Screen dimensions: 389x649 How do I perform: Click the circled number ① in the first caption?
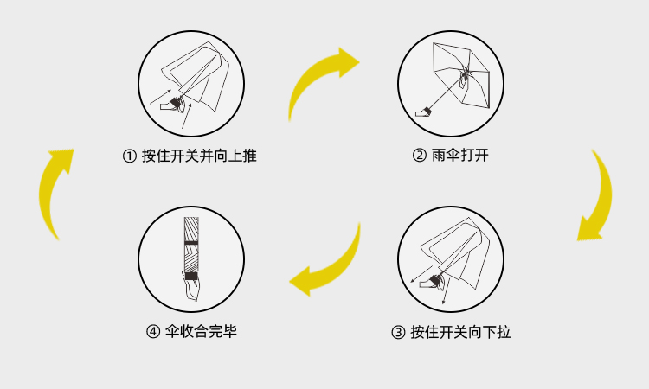click(130, 156)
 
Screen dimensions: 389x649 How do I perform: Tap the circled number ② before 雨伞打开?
click(419, 156)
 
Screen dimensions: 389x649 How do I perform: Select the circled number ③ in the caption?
click(398, 331)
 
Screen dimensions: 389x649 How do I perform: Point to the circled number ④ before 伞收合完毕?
click(153, 331)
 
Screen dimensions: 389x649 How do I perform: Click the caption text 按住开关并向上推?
click(200, 156)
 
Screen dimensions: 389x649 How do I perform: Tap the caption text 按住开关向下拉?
click(460, 331)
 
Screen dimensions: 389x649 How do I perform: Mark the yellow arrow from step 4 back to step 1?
click(54, 192)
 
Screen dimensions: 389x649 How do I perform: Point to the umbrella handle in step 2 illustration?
click(424, 110)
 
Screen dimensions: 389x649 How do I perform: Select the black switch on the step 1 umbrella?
click(176, 103)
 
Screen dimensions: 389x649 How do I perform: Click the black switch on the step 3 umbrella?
click(434, 277)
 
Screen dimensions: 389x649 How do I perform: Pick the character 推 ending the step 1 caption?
click(250, 156)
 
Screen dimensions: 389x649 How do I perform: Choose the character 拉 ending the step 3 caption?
click(504, 331)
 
